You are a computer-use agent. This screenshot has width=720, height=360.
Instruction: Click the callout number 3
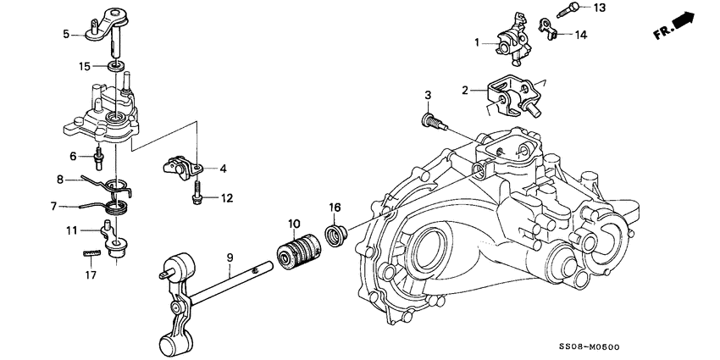429,94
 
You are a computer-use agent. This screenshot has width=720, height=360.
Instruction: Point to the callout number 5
66,35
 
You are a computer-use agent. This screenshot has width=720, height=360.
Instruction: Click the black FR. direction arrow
684,20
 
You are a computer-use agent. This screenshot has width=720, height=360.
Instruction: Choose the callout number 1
478,42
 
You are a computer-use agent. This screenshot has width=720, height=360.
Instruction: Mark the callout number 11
73,230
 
